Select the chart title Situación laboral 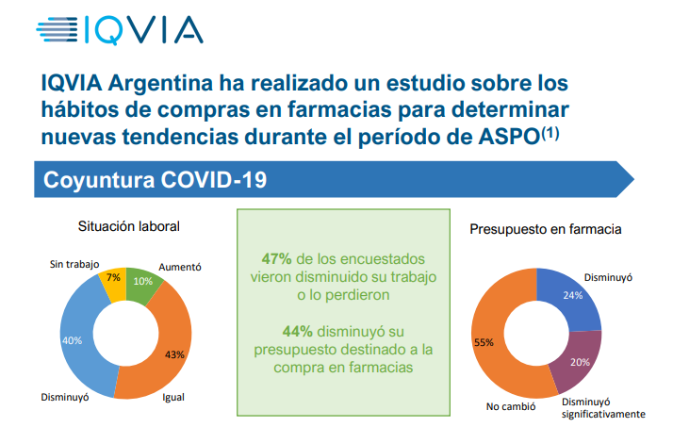point(128,226)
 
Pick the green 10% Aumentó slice point(142,281)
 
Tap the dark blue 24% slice point(571,296)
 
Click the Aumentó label point(180,267)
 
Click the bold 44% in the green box point(296,331)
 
